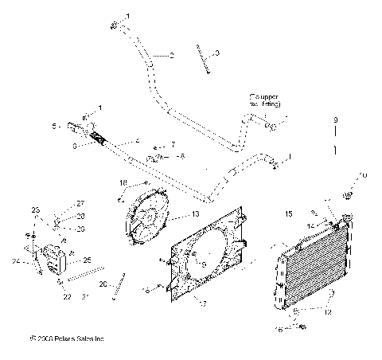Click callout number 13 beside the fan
coord(196,215)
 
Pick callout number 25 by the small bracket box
coord(88,260)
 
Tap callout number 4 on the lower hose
coord(138,142)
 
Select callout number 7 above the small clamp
coord(173,145)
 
